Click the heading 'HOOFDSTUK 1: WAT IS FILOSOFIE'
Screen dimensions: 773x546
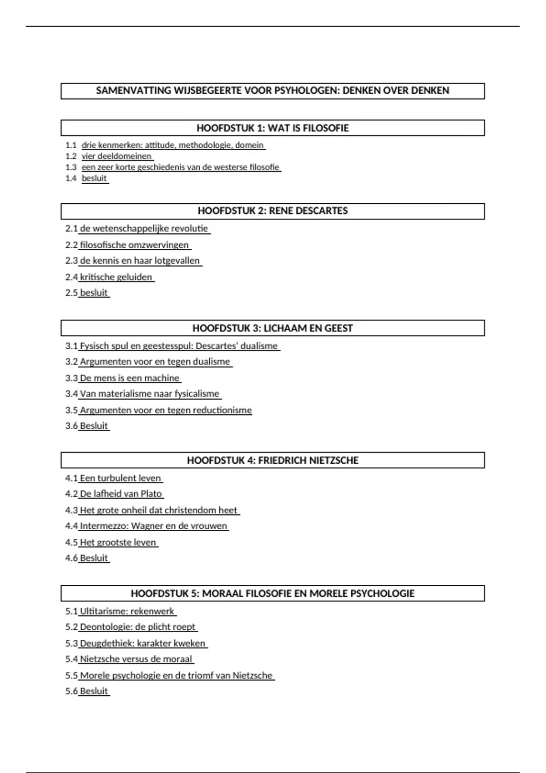(x=273, y=128)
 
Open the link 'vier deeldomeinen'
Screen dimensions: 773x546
(x=116, y=156)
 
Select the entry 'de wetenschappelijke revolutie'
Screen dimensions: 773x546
(x=144, y=229)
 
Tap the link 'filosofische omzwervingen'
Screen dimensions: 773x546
(x=134, y=245)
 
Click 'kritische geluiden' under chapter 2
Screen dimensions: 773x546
(x=116, y=277)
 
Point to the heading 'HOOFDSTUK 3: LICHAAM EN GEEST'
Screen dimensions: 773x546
(x=273, y=328)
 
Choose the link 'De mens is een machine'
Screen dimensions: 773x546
(x=130, y=378)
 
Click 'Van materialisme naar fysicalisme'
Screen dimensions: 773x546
(x=150, y=394)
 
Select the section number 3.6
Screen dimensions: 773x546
(x=71, y=426)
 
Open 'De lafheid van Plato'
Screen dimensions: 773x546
(x=121, y=494)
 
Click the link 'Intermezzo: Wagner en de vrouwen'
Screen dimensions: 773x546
(x=153, y=526)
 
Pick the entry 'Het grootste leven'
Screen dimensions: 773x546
(x=118, y=542)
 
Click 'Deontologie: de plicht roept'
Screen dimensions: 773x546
(x=137, y=627)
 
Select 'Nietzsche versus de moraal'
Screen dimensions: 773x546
(x=136, y=659)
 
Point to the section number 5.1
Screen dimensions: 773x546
(x=71, y=612)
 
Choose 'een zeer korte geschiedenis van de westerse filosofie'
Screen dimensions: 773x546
(x=180, y=167)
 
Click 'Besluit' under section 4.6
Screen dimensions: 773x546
(x=94, y=558)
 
